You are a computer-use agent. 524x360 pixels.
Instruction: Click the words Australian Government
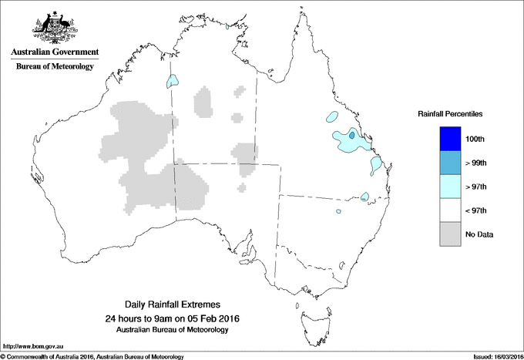coord(54,52)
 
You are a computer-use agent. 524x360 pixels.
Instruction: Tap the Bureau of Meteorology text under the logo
coord(54,67)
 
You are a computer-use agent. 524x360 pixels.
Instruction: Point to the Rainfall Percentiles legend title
coord(450,114)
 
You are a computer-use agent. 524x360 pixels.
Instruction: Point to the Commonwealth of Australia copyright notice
coord(92,355)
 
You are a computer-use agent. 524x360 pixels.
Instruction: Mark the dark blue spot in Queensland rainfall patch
coord(352,135)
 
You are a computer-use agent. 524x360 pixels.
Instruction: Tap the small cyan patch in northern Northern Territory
coord(174,79)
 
